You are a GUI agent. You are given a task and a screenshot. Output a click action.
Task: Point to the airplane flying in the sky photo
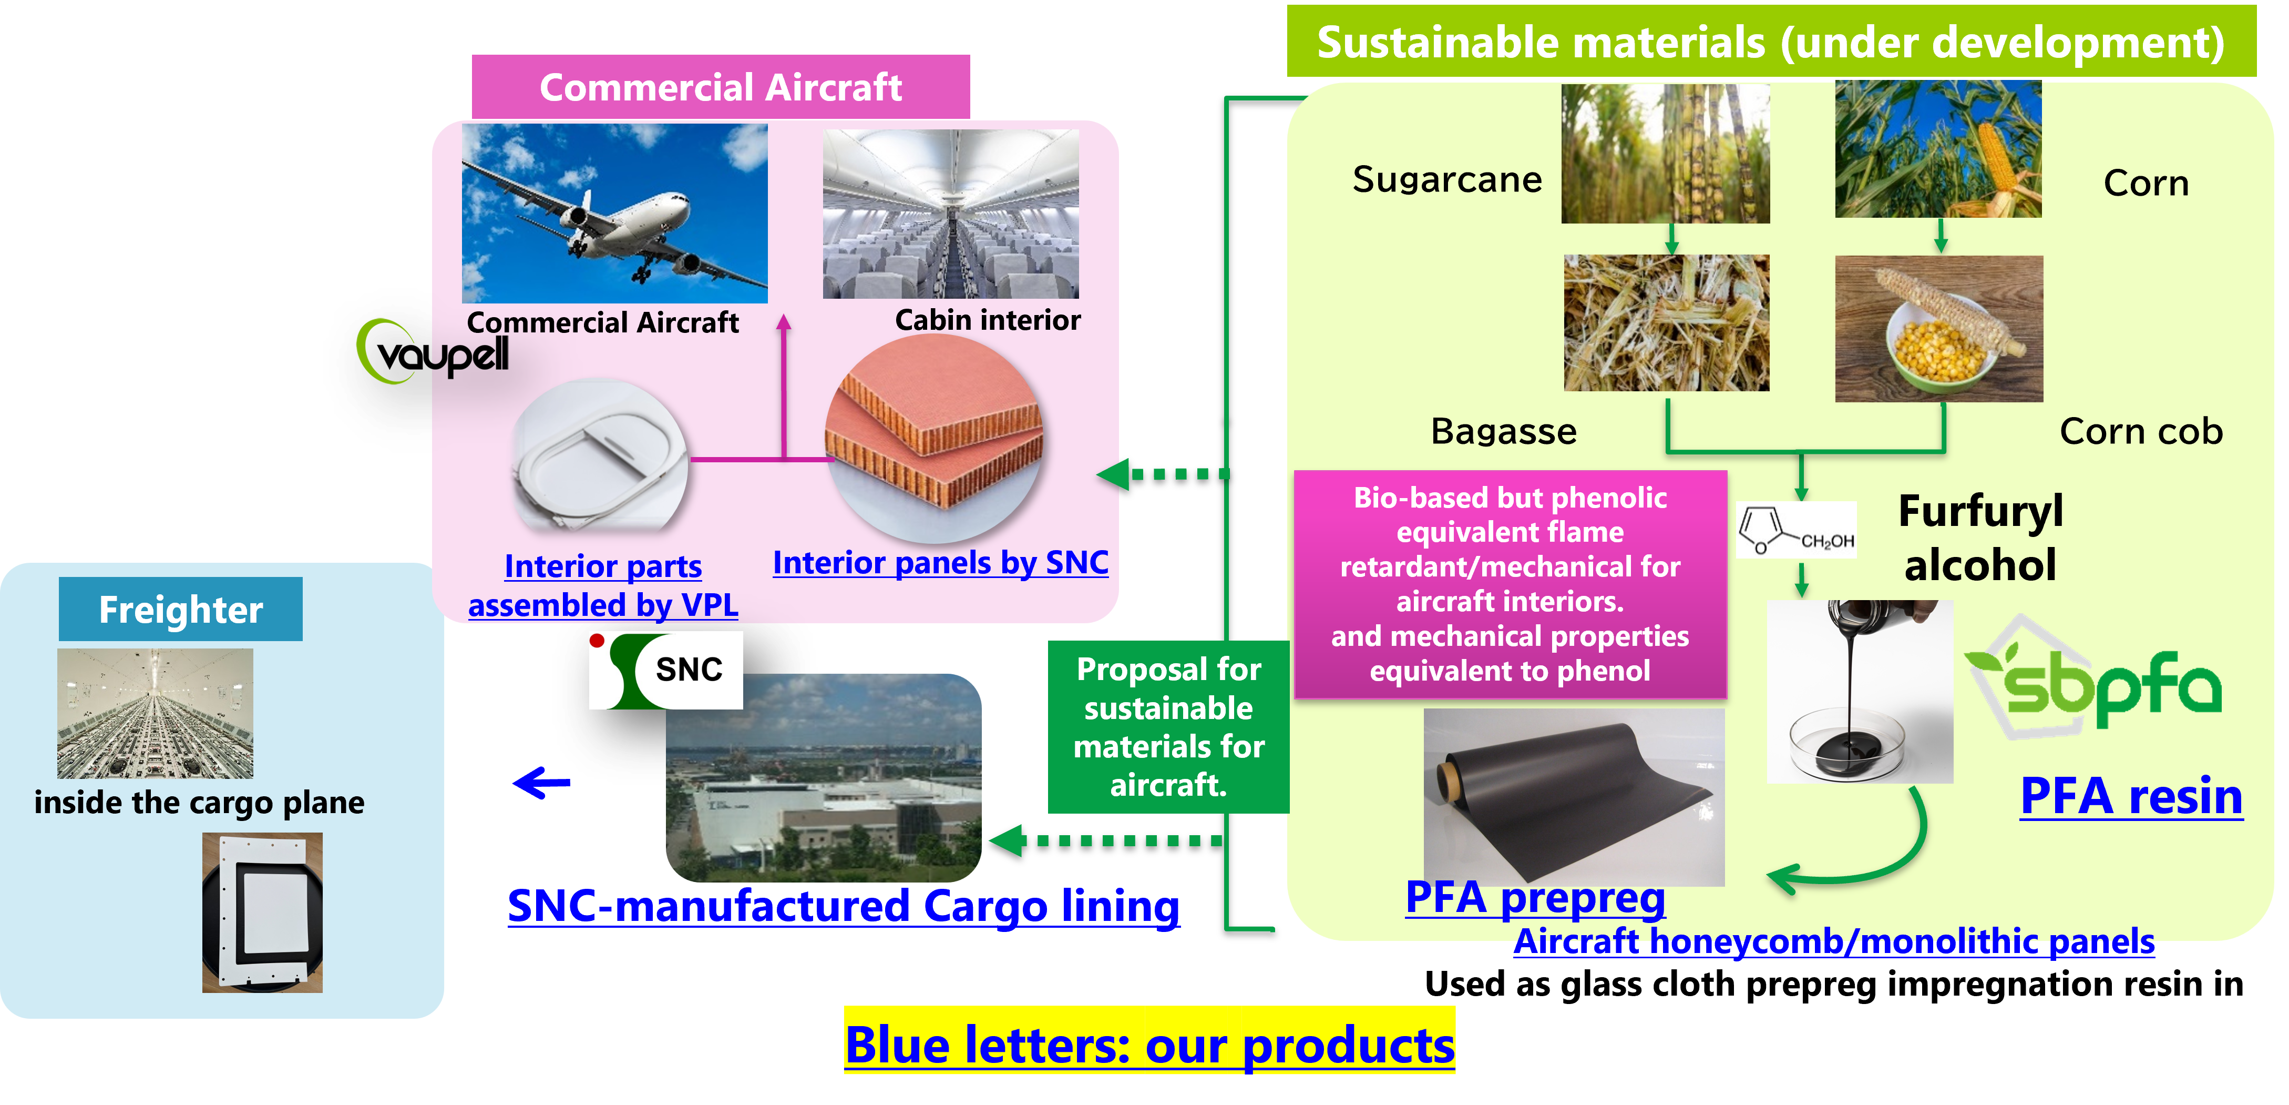pyautogui.click(x=614, y=214)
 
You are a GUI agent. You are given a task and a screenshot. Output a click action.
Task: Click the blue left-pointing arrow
pyautogui.click(x=541, y=783)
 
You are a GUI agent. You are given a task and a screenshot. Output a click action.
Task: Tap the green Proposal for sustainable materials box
pyautogui.click(x=1168, y=726)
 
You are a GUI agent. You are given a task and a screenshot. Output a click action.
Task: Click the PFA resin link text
pyautogui.click(x=2131, y=796)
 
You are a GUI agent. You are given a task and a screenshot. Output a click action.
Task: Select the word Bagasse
pyautogui.click(x=1504, y=431)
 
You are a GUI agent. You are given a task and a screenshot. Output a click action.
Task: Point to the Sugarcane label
pyautogui.click(x=1446, y=179)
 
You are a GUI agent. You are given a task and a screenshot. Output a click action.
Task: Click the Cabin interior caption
pyautogui.click(x=987, y=320)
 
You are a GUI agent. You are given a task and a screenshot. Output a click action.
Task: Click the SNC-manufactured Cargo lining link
pyautogui.click(x=843, y=906)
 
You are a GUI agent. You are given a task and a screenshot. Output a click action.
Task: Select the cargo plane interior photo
pyautogui.click(x=156, y=713)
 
